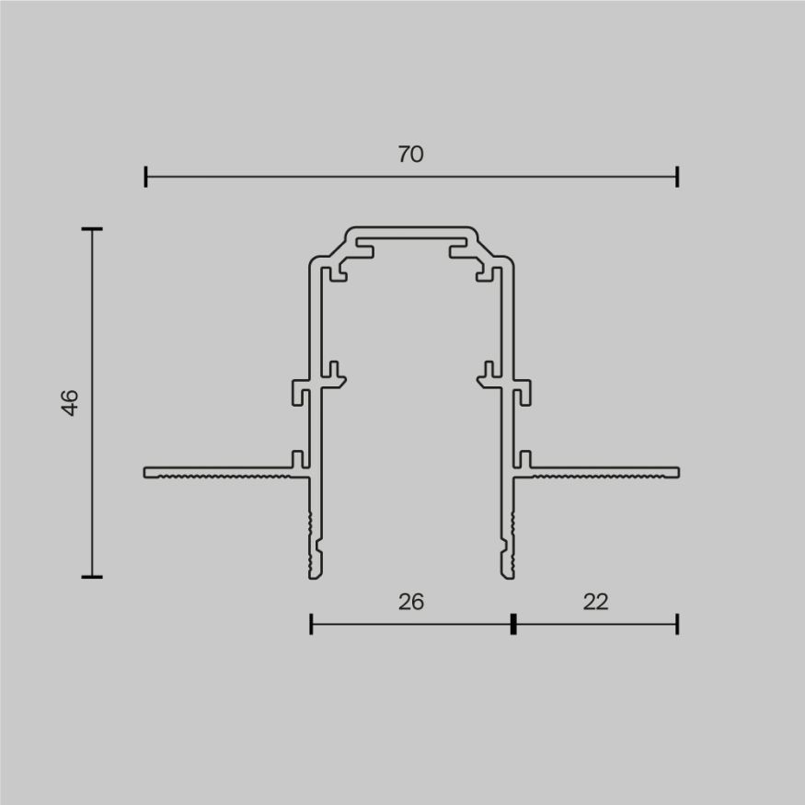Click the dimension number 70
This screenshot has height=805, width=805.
pyautogui.click(x=410, y=155)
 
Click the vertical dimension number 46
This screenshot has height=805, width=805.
pyautogui.click(x=71, y=402)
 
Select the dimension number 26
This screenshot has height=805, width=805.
pyautogui.click(x=410, y=602)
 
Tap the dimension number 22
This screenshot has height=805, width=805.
pyautogui.click(x=595, y=602)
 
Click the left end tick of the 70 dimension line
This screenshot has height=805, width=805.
pyautogui.click(x=145, y=177)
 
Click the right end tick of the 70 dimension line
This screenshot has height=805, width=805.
pyautogui.click(x=677, y=177)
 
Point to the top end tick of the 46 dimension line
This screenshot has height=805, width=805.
pyautogui.click(x=91, y=228)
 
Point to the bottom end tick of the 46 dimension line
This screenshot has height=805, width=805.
pyautogui.click(x=91, y=577)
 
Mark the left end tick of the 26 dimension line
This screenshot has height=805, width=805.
pyautogui.click(x=311, y=625)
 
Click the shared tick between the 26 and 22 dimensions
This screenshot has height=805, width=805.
pyautogui.click(x=512, y=625)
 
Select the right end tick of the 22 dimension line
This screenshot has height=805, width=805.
pyautogui.click(x=677, y=625)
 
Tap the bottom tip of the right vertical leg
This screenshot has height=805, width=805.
pyautogui.click(x=507, y=575)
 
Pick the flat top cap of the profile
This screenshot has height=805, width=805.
pyautogui.click(x=411, y=230)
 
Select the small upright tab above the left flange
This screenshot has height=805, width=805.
pyautogui.click(x=296, y=459)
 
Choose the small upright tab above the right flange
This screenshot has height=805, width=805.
pyautogui.click(x=526, y=459)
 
